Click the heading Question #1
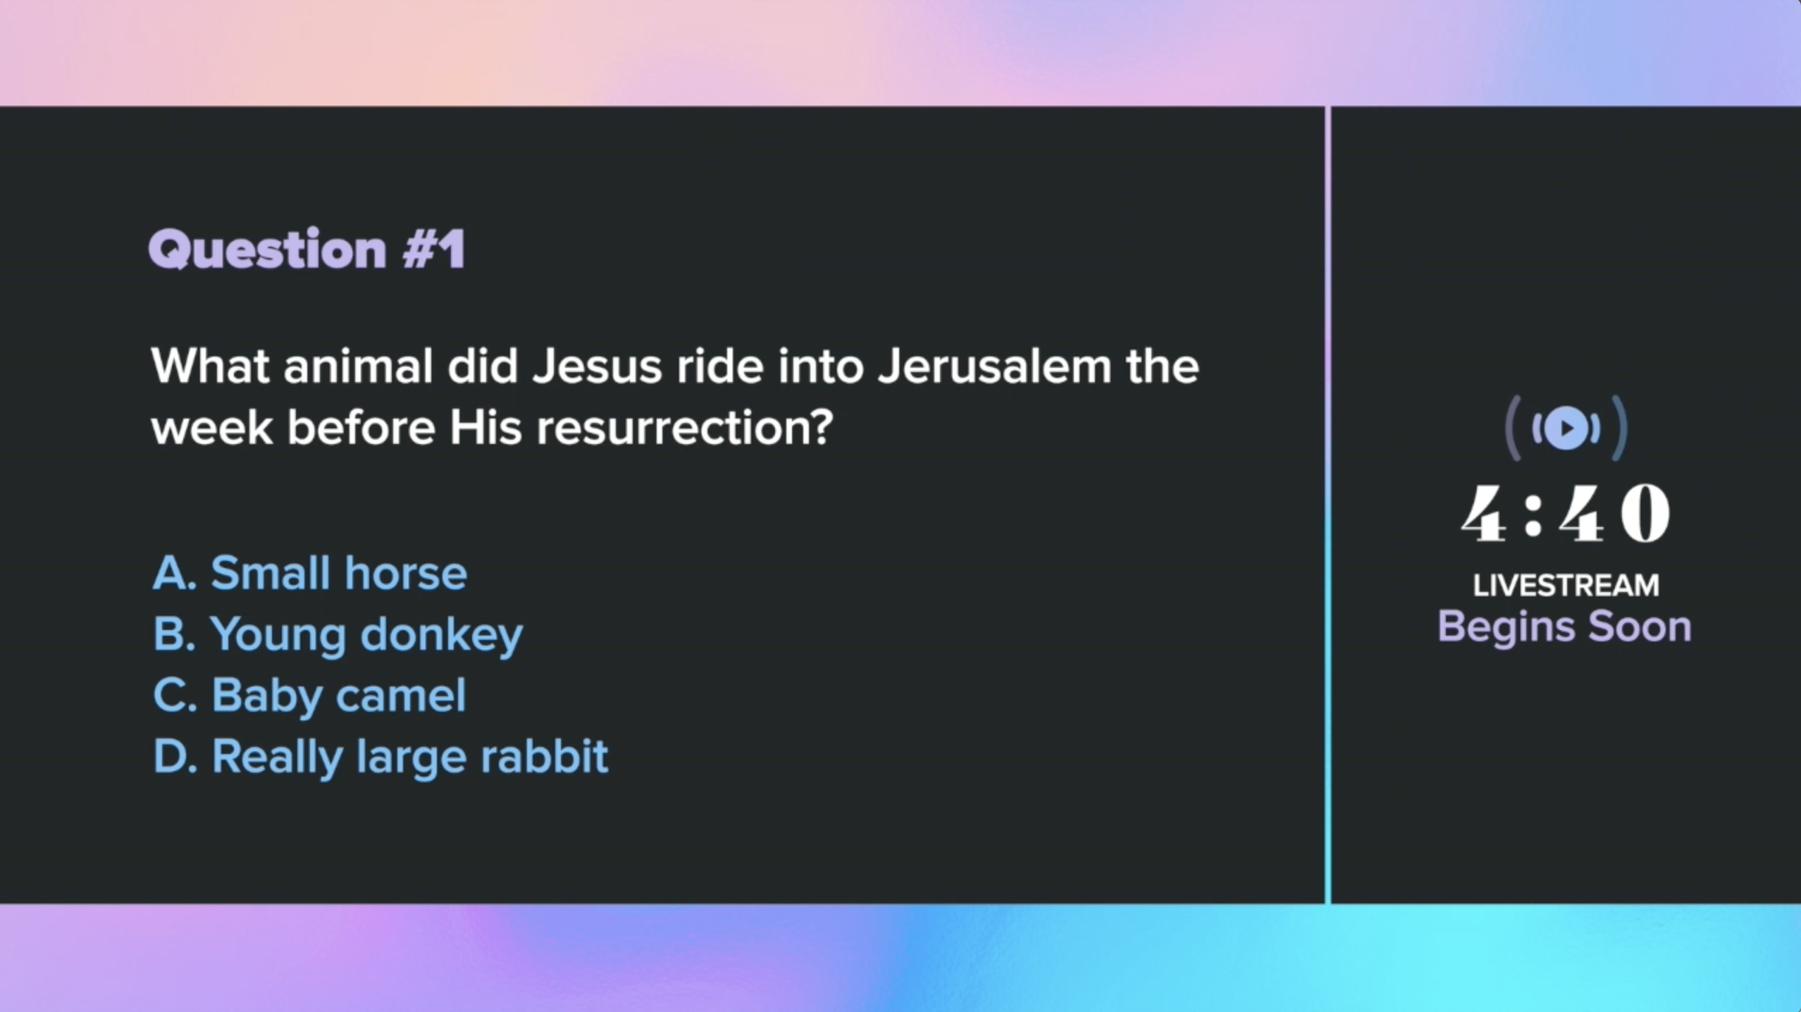tap(307, 249)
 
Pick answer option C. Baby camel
tap(310, 696)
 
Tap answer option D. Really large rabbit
tap(380, 758)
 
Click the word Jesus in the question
tap(598, 366)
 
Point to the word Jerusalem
tap(994, 366)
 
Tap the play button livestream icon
tap(1566, 428)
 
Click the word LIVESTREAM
tap(1566, 585)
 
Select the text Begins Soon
tap(1564, 627)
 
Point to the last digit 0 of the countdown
tap(1645, 514)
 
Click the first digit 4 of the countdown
tap(1484, 514)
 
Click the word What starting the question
tap(210, 366)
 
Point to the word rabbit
tap(544, 756)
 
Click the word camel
tap(401, 696)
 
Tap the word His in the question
tap(486, 428)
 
